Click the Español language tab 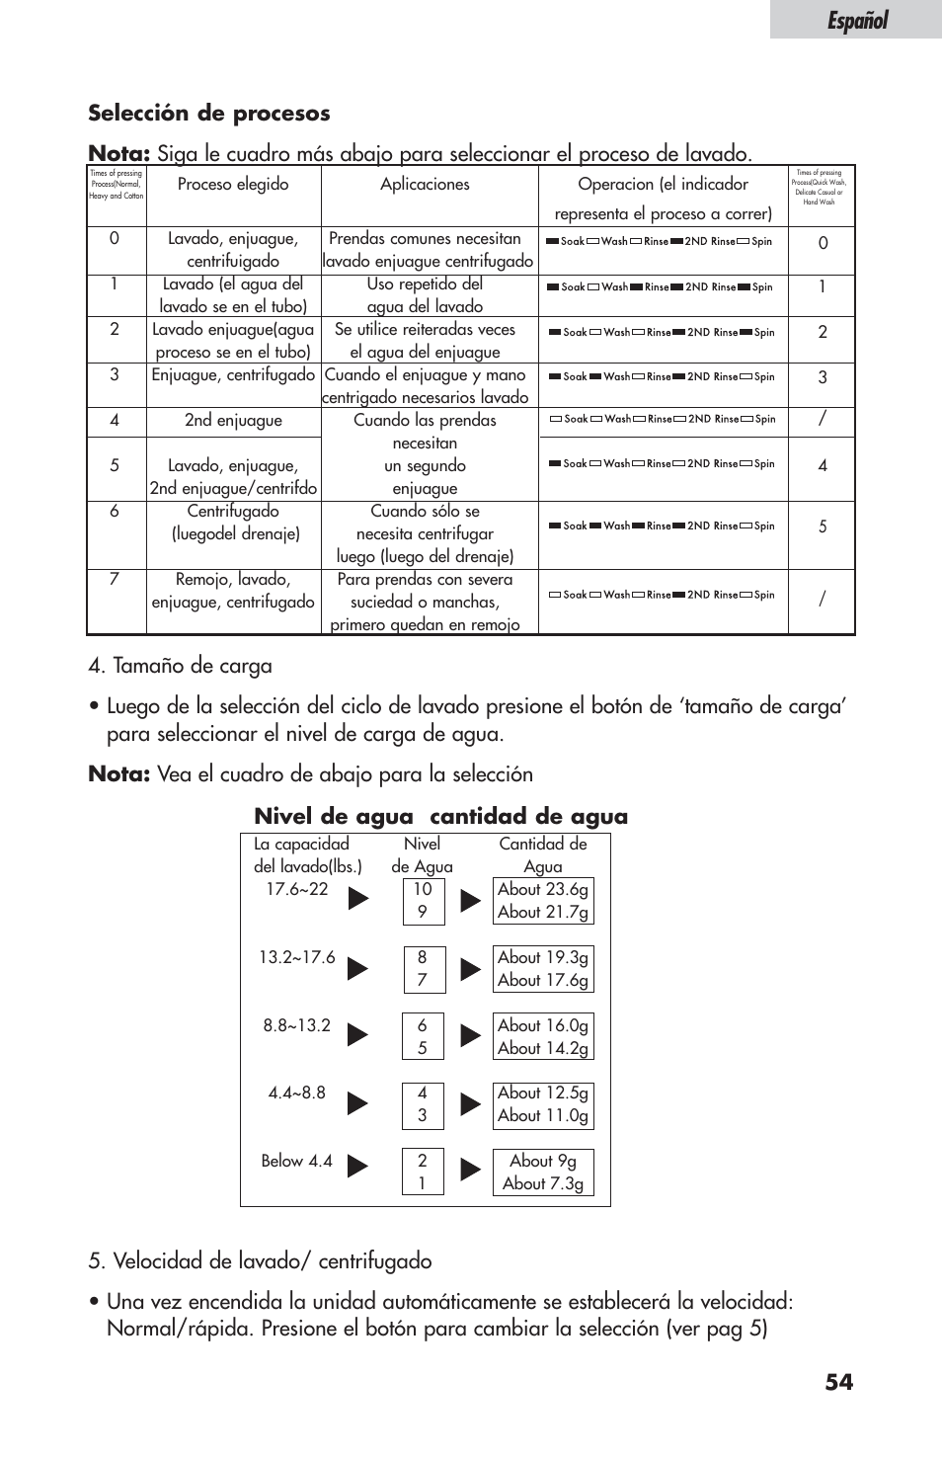coord(856,20)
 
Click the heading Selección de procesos coord(208,114)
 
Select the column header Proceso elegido coord(233,185)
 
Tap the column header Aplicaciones coord(425,185)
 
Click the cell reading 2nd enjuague coord(233,421)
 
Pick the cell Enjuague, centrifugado coord(233,375)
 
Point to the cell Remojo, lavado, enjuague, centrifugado coord(233,591)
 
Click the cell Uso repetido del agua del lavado coord(425,295)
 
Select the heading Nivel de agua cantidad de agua coord(440,816)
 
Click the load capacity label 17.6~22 coord(296,889)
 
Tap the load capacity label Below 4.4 coord(296,1162)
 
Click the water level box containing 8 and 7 coord(423,969)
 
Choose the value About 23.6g coord(543,889)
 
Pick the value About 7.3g coord(543,1183)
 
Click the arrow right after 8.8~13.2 coord(357,1035)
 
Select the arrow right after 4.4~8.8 coord(357,1103)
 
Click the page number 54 coord(839,1382)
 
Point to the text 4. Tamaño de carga coord(180,667)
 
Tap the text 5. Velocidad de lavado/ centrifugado coord(260,1261)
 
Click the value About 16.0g coord(543,1025)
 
